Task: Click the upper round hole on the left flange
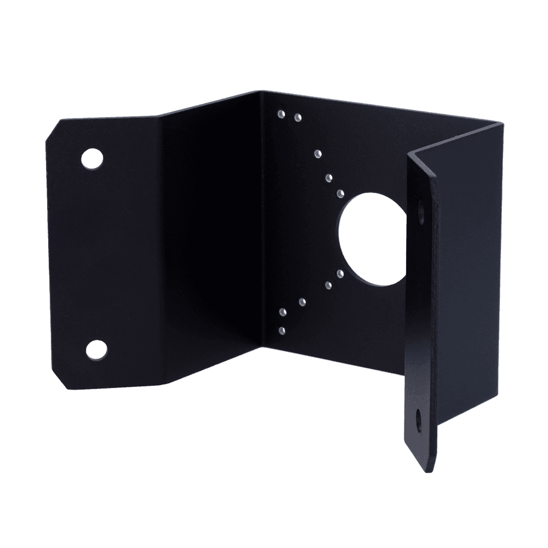pos(92,158)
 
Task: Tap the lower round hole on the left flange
pos(97,349)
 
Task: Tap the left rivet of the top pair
pos(281,114)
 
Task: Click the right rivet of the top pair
pos(298,117)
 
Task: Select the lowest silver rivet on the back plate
pos(282,330)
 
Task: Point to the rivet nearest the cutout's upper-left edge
pos(340,192)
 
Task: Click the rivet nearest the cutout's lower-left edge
pos(340,273)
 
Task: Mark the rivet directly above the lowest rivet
pos(282,311)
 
